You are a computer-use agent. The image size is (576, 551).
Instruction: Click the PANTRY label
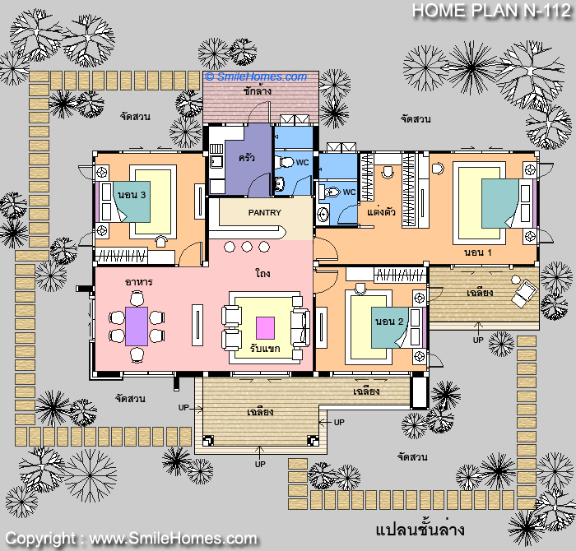pyautogui.click(x=264, y=212)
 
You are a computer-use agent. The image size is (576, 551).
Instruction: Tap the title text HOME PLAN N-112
pyautogui.click(x=491, y=10)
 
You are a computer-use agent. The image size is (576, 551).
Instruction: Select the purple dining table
pyautogui.click(x=137, y=326)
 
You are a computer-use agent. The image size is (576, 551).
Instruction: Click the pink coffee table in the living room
pyautogui.click(x=265, y=328)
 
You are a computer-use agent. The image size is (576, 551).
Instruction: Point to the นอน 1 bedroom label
pyautogui.click(x=477, y=252)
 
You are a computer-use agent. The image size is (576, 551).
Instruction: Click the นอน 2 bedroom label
pyautogui.click(x=389, y=322)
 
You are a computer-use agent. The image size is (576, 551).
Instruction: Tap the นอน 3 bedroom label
pyautogui.click(x=132, y=195)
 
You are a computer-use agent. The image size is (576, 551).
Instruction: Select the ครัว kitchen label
pyautogui.click(x=247, y=158)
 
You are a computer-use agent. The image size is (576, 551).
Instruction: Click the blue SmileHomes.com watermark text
pyautogui.click(x=256, y=76)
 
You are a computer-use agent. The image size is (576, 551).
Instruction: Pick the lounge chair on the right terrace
pyautogui.click(x=523, y=291)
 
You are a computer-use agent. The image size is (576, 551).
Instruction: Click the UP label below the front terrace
pyautogui.click(x=260, y=465)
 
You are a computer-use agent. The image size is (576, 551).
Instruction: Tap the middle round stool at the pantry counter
pyautogui.click(x=247, y=247)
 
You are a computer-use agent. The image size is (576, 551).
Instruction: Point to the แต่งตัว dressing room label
pyautogui.click(x=381, y=212)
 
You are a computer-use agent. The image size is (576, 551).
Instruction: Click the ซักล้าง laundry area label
pyautogui.click(x=258, y=90)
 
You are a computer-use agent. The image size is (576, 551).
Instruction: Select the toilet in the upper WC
pyautogui.click(x=285, y=162)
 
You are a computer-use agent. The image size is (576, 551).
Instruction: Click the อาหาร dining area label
pyautogui.click(x=138, y=282)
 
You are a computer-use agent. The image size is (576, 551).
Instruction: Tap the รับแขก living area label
pyautogui.click(x=265, y=348)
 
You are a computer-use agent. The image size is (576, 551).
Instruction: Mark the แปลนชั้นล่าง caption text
pyautogui.click(x=420, y=530)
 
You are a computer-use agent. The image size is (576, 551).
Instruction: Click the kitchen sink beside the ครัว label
pyautogui.click(x=216, y=161)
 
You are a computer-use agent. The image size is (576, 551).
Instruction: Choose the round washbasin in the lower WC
pyautogui.click(x=323, y=215)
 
